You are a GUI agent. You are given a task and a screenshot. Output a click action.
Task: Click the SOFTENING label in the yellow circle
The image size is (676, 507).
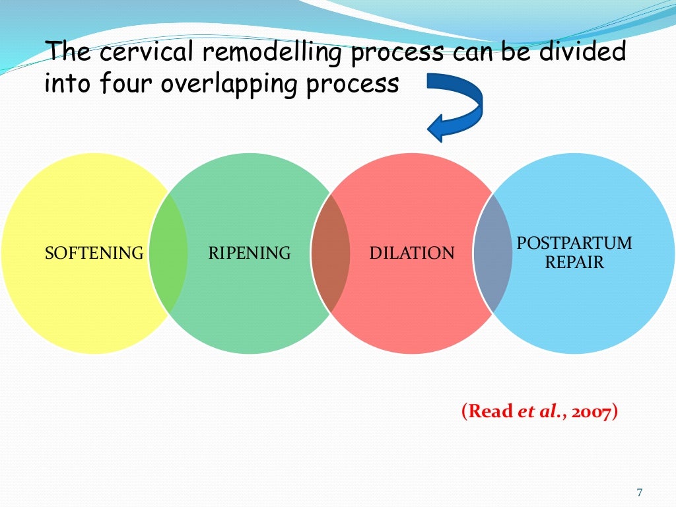(94, 253)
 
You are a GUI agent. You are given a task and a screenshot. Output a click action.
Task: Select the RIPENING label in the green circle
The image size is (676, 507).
(250, 253)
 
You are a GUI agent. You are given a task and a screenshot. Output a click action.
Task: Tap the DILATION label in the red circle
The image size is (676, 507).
(412, 253)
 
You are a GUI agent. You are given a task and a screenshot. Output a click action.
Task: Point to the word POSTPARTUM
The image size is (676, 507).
(574, 244)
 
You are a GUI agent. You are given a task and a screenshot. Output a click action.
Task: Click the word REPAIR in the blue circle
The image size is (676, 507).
(574, 262)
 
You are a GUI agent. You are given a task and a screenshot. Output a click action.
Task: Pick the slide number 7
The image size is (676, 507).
(639, 492)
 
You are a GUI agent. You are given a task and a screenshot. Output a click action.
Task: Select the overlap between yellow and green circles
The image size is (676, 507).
(168, 253)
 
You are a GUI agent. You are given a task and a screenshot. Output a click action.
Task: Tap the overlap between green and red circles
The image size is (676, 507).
(330, 253)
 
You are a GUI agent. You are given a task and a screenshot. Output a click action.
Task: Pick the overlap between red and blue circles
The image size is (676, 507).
(492, 253)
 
